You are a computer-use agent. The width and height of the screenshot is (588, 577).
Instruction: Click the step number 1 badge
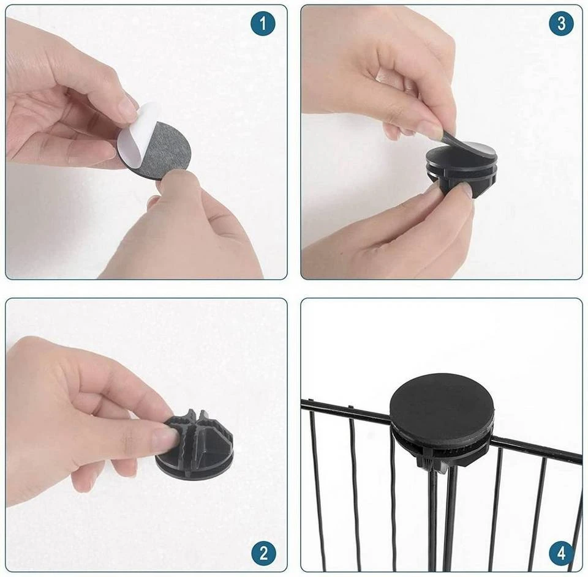click(x=263, y=24)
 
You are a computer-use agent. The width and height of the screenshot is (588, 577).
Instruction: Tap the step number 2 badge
click(x=263, y=553)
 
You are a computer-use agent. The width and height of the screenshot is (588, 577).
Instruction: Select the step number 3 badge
click(x=562, y=24)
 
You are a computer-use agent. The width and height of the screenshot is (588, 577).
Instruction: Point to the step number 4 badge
click(x=562, y=553)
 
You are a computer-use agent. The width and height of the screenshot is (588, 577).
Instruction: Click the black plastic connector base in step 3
click(x=460, y=176)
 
